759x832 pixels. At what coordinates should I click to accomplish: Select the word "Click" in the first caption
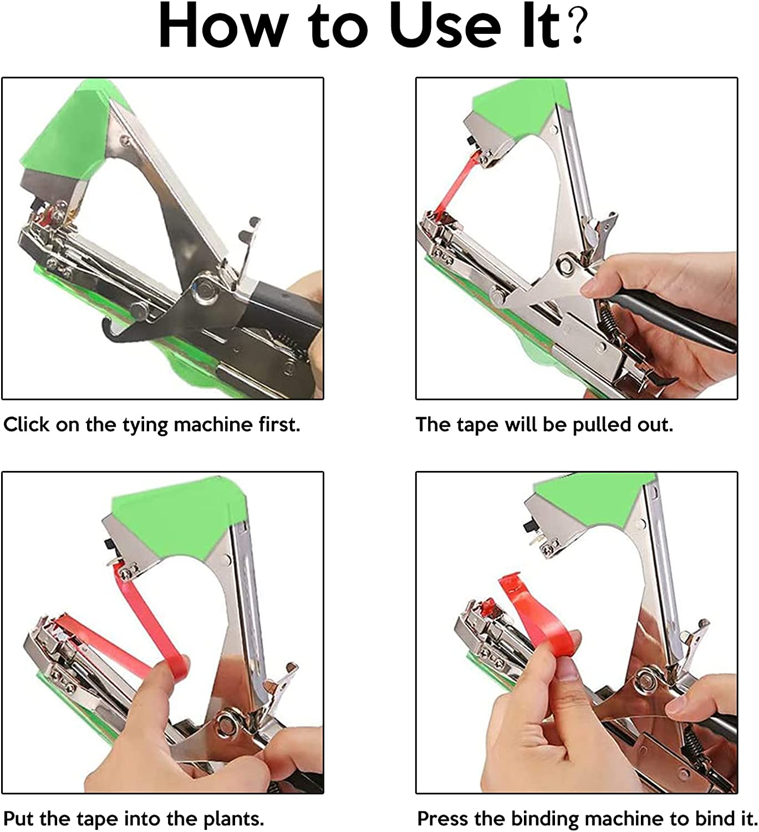pyautogui.click(x=26, y=425)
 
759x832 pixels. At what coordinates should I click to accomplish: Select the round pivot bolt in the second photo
pyautogui.click(x=566, y=265)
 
